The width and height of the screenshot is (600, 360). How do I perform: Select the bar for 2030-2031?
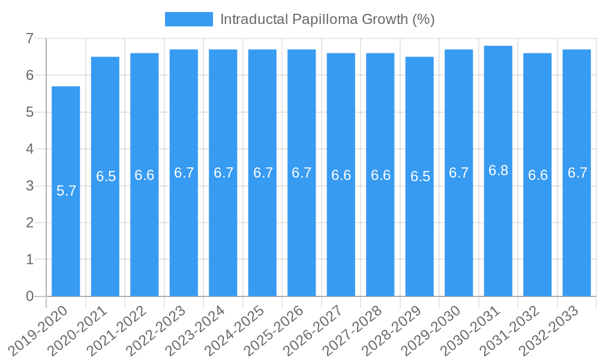pos(498,240)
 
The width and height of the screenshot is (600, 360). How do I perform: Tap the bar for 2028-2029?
pos(419,240)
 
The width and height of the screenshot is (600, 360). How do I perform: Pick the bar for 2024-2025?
pos(262,240)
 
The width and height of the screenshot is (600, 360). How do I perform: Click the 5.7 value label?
pos(66,191)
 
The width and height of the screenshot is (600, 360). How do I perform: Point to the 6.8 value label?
pos(498,170)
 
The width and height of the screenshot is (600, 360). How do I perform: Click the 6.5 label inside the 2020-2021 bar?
pos(106,176)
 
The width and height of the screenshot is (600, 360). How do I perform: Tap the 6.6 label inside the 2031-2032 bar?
pos(538,175)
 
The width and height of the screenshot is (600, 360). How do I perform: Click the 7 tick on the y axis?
pos(29,39)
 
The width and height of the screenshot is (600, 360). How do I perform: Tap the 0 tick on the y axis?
pos(29,296)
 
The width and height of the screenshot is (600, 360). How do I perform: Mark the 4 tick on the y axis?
pos(29,149)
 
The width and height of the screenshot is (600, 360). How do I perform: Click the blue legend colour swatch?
pos(188,19)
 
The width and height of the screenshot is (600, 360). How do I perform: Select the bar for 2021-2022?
pos(145,240)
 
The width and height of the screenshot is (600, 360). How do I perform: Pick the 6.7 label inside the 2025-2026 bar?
pos(301,173)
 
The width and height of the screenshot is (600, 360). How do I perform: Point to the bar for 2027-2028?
pos(380,240)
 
